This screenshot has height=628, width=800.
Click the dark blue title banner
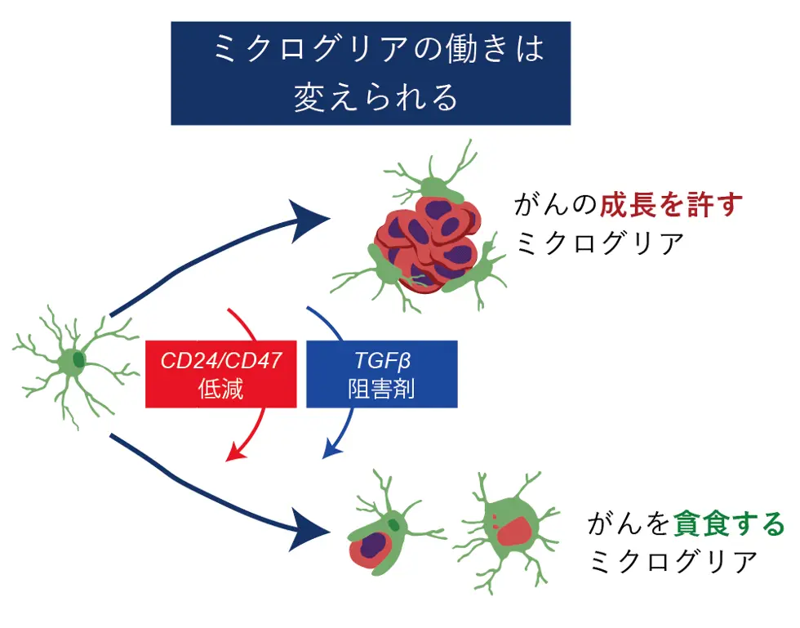[370, 73]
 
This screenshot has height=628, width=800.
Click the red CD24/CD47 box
[220, 373]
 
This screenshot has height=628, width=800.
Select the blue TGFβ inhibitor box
[381, 373]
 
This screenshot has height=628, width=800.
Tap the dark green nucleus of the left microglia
[78, 359]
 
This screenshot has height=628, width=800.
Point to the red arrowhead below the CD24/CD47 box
[234, 452]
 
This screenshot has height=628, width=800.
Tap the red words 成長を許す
[672, 205]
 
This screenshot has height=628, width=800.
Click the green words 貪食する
[728, 523]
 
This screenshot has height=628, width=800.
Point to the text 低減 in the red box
[220, 389]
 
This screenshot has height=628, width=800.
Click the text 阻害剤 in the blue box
[381, 389]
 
